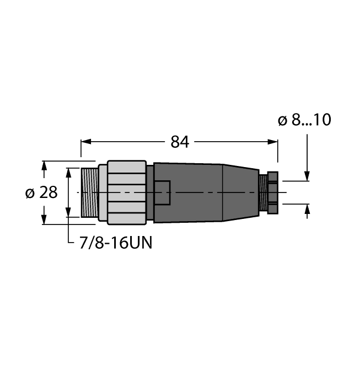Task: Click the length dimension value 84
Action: coord(180,142)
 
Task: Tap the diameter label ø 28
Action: coord(41,193)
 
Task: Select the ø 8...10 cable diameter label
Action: coord(304,120)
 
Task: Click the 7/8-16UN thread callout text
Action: coord(112,243)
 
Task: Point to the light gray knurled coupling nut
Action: coord(127,192)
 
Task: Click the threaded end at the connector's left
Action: coord(89,192)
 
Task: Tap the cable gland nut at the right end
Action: coord(273,192)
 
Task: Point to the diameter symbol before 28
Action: coord(30,193)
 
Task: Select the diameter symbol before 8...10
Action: coord(282,120)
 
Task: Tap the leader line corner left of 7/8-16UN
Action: coord(68,243)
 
